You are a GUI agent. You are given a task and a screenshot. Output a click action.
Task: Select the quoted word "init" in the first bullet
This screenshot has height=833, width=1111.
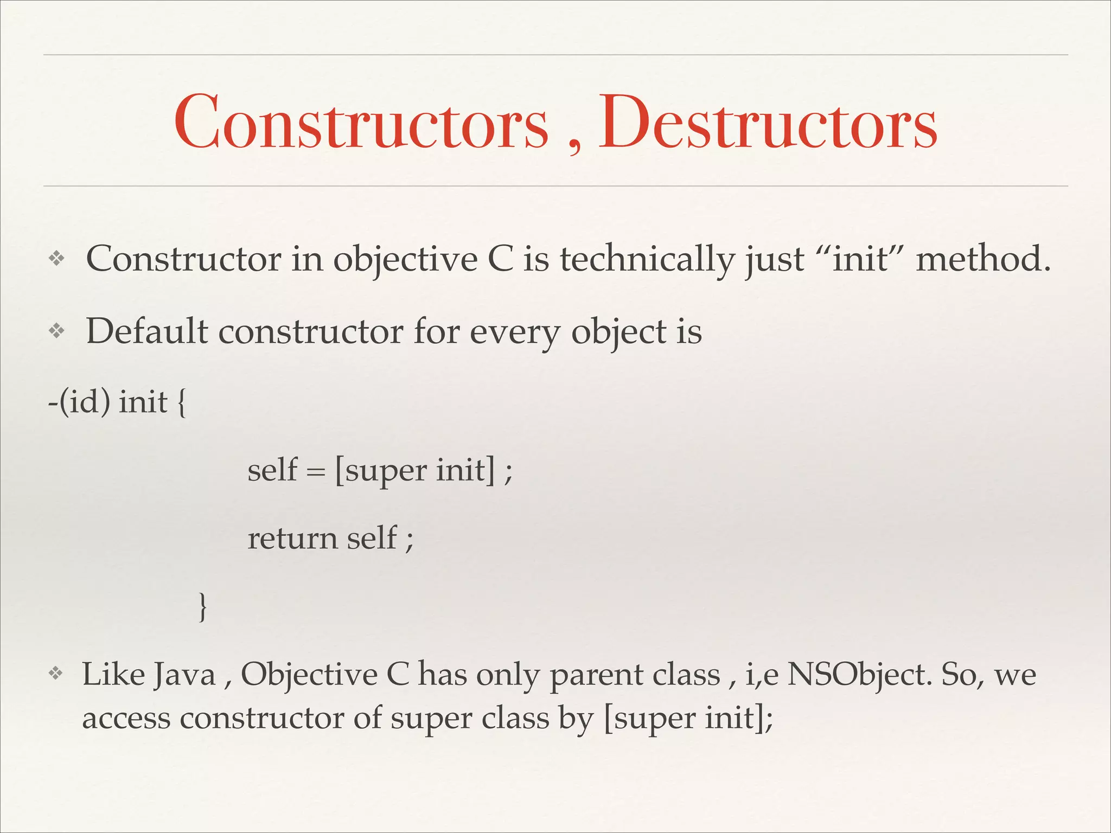(862, 259)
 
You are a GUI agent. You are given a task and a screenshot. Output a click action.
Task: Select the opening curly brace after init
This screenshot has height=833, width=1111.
(181, 403)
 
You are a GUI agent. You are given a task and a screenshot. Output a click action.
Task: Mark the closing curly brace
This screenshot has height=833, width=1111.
(202, 607)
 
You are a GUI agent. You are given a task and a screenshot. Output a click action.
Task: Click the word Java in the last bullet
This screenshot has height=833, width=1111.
(184, 676)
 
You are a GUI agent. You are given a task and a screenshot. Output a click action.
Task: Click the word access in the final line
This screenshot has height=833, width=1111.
(126, 719)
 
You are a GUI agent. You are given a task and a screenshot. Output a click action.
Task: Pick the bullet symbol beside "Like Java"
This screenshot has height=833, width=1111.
(55, 674)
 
